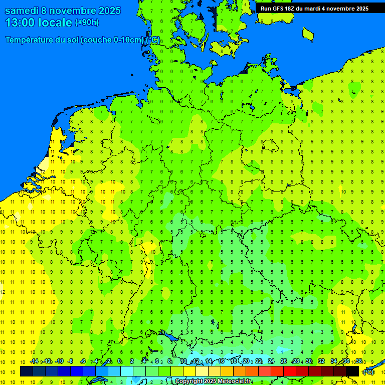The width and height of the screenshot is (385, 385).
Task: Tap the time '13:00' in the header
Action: (20, 23)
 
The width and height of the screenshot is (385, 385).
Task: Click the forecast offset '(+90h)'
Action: (87, 23)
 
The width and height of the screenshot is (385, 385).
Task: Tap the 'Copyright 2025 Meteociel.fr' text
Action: (214, 381)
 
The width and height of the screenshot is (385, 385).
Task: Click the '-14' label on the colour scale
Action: (34, 361)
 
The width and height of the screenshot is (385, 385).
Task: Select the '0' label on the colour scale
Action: (119, 361)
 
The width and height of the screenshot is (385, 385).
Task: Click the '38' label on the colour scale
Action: (359, 361)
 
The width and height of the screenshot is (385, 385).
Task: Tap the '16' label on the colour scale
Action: (221, 361)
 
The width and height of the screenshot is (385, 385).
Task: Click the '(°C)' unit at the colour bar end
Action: (368, 372)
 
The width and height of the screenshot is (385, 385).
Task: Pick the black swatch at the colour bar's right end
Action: (352, 371)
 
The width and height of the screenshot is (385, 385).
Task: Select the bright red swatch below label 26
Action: (290, 371)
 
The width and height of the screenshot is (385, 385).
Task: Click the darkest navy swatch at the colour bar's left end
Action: (27, 371)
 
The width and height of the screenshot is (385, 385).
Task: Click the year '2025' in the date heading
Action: (106, 11)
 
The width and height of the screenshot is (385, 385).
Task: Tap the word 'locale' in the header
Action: (54, 23)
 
